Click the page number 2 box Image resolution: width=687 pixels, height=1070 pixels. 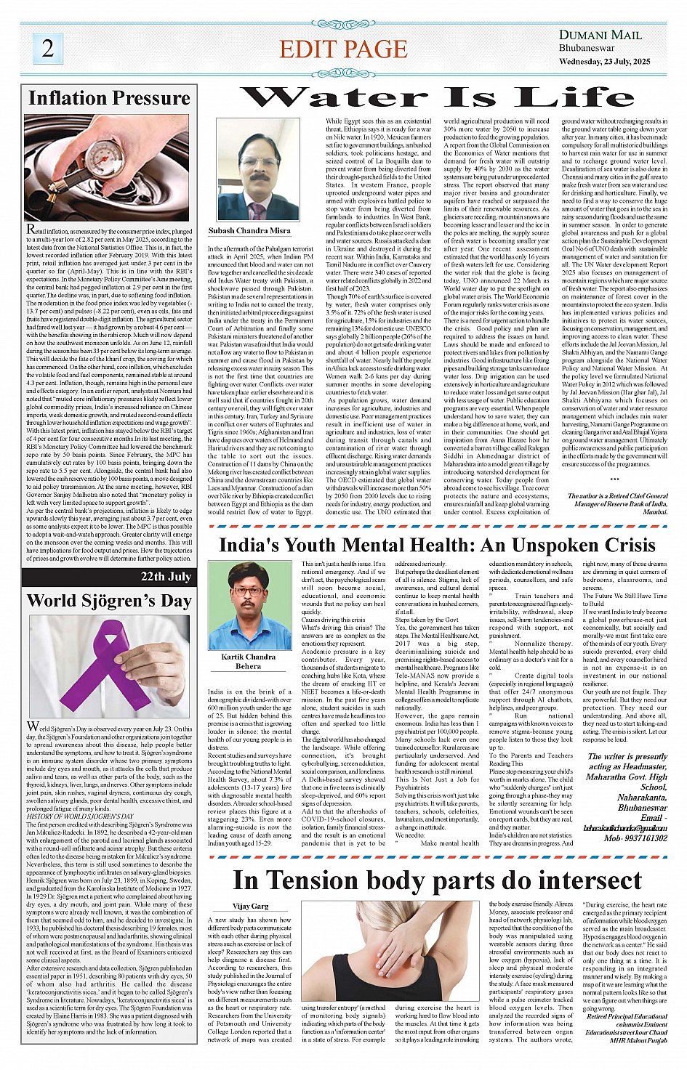tap(48, 49)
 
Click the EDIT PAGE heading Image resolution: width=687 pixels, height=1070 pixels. tap(343, 49)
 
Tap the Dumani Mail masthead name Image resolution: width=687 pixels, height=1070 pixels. tap(600, 35)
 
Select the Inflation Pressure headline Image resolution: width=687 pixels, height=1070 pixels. tap(109, 98)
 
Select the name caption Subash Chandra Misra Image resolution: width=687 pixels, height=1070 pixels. tap(249, 230)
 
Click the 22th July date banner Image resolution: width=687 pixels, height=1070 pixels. tap(166, 577)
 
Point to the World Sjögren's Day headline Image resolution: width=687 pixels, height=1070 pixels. tap(109, 601)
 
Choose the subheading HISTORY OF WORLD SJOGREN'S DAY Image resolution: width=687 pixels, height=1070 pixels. tap(81, 816)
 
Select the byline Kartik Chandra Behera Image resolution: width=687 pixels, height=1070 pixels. tap(248, 661)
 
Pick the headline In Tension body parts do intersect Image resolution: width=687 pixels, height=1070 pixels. tap(437, 880)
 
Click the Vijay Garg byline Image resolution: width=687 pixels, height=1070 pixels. tap(251, 906)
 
